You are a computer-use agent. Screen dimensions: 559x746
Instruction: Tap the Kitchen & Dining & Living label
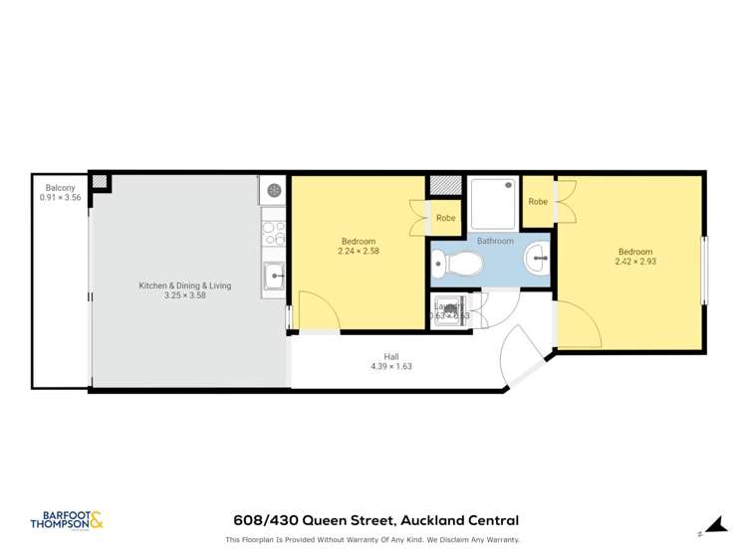pyautogui.click(x=184, y=285)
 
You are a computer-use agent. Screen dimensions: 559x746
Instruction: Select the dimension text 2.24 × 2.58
pyautogui.click(x=359, y=252)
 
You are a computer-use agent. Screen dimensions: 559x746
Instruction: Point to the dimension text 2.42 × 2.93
pyautogui.click(x=635, y=262)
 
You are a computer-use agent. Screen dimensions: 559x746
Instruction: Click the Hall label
pyautogui.click(x=391, y=356)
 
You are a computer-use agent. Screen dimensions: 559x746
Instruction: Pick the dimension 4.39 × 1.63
pyautogui.click(x=391, y=367)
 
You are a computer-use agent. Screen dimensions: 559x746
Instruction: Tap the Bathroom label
pyautogui.click(x=495, y=241)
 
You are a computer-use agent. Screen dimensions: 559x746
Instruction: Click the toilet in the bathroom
pyautogui.click(x=460, y=265)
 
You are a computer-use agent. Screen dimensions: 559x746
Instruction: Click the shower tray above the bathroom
pyautogui.click(x=494, y=205)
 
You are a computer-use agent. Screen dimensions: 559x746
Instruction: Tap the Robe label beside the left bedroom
pyautogui.click(x=445, y=218)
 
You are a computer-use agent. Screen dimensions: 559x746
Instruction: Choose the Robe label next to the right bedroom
pyautogui.click(x=538, y=201)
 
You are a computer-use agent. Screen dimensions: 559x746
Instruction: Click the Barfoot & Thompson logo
pyautogui.click(x=67, y=520)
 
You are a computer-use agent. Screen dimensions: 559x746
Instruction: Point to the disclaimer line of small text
pyautogui.click(x=373, y=540)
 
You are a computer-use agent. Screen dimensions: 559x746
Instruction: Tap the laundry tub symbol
pyautogui.click(x=450, y=309)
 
